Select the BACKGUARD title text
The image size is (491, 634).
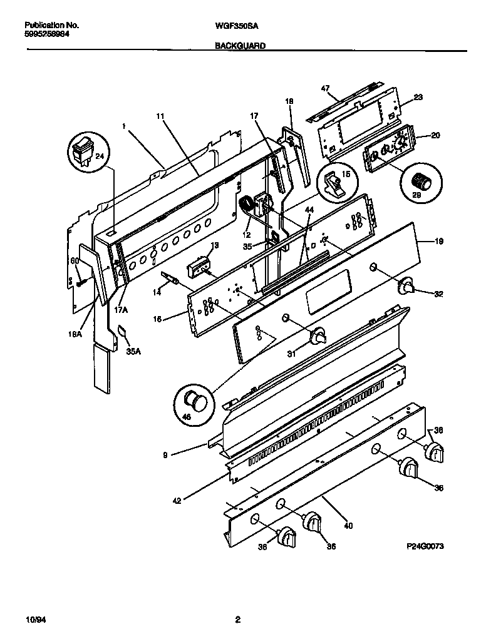point(240,46)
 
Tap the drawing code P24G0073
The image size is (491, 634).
point(425,546)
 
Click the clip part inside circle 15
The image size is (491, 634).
point(334,183)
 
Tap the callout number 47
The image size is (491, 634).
point(325,89)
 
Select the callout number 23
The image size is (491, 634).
point(418,97)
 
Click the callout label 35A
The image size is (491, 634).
point(133,351)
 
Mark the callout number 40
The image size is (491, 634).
point(348,526)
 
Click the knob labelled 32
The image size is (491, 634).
point(408,287)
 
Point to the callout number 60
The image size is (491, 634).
point(74,260)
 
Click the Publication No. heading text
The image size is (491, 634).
point(51,26)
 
